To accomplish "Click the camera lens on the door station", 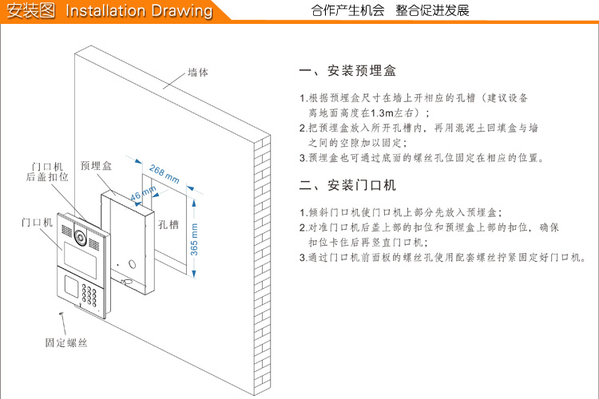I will [79, 237].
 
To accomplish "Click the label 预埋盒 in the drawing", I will [96, 166].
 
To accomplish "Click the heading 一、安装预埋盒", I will [347, 72].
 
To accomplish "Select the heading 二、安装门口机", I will [347, 186].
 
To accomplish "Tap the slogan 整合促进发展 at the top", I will [432, 10].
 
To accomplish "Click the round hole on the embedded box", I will [133, 263].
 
